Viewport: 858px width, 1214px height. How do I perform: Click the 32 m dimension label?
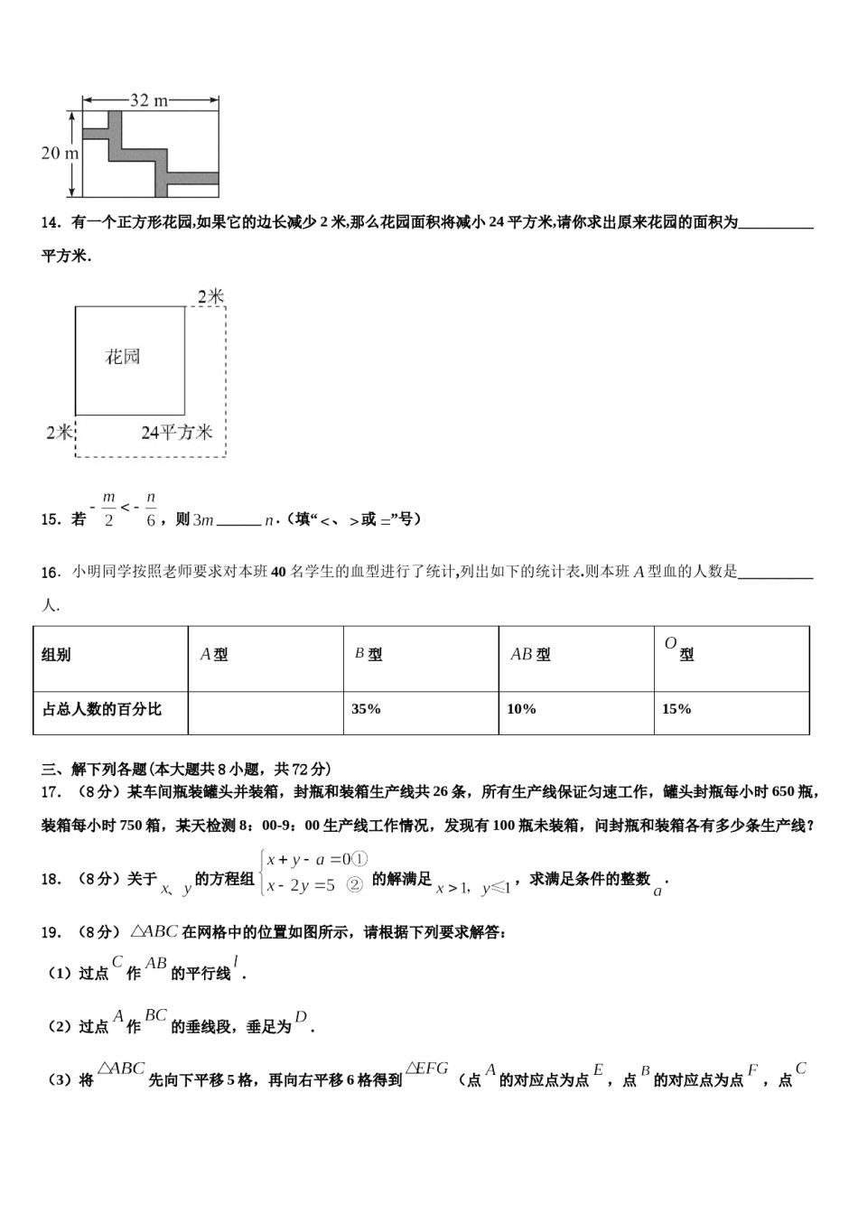pyautogui.click(x=149, y=100)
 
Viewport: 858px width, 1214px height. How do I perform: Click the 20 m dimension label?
pyautogui.click(x=60, y=154)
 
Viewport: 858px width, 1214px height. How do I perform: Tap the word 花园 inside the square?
pyautogui.click(x=123, y=357)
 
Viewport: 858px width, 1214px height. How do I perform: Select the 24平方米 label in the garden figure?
pyautogui.click(x=177, y=433)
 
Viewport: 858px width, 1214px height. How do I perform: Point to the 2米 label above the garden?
pyautogui.click(x=211, y=296)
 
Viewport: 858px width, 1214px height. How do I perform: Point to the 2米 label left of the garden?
pyautogui.click(x=60, y=433)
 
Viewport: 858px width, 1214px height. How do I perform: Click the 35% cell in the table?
pyautogui.click(x=366, y=709)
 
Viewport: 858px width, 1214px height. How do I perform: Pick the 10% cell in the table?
pyautogui.click(x=521, y=709)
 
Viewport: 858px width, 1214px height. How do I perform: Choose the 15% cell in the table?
pyautogui.click(x=676, y=709)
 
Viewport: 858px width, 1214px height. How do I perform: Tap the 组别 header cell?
pyautogui.click(x=57, y=655)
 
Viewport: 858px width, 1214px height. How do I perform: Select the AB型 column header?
pyautogui.click(x=530, y=655)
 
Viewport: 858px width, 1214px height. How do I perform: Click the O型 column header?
pyautogui.click(x=679, y=649)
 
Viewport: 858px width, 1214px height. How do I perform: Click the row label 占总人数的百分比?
pyautogui.click(x=102, y=709)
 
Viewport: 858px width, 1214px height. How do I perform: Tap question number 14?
pyautogui.click(x=51, y=223)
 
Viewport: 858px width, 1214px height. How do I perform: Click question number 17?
pyautogui.click(x=51, y=792)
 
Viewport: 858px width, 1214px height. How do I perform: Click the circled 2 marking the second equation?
pyautogui.click(x=355, y=886)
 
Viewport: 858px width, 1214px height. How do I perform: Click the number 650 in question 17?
pyautogui.click(x=782, y=792)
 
